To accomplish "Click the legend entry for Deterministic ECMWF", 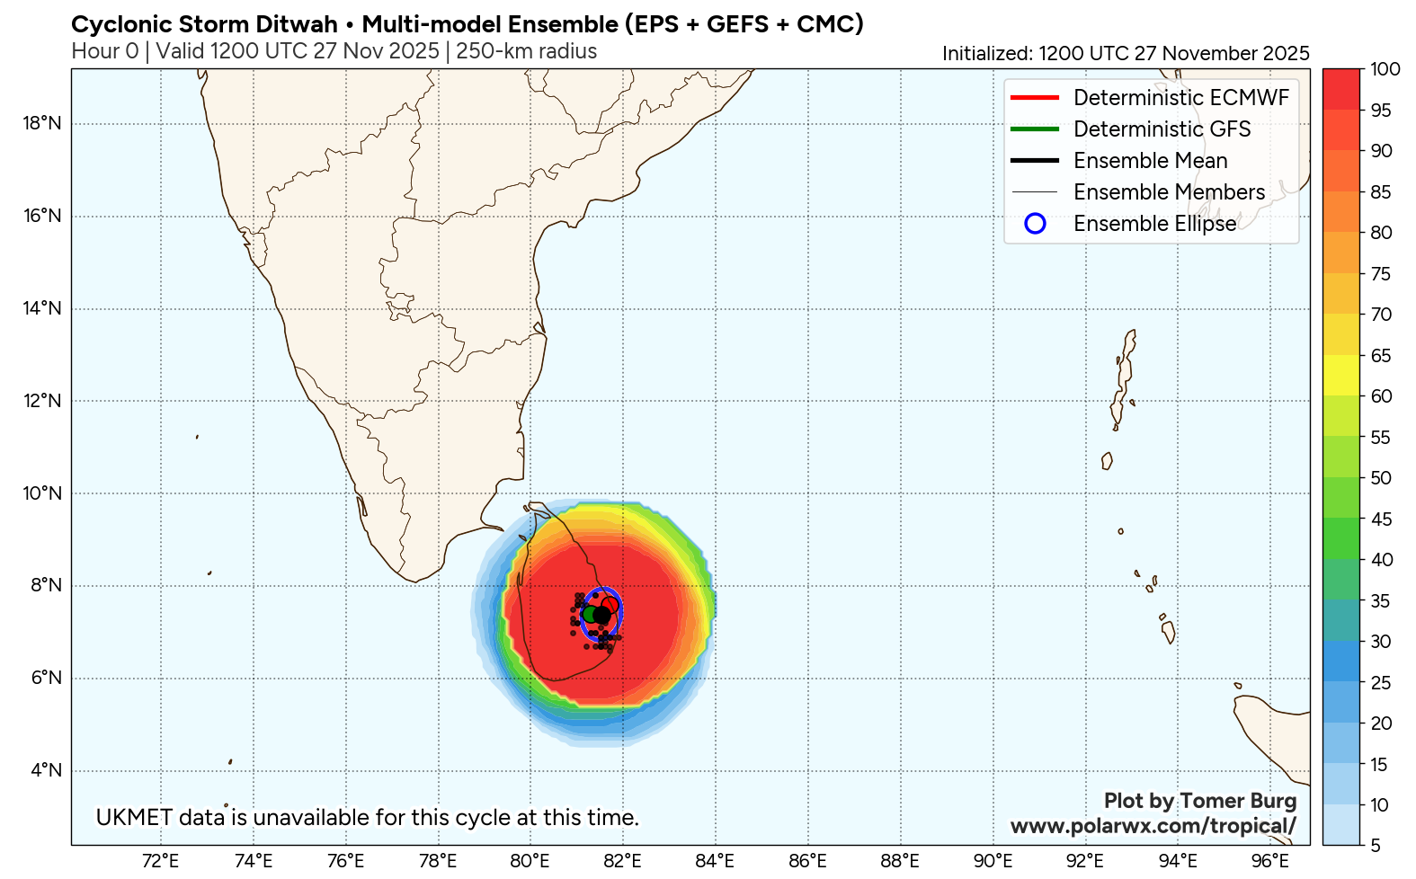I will pyautogui.click(x=1180, y=98).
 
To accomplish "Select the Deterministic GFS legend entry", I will pyautogui.click(x=1162, y=129).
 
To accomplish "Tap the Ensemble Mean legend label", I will pyautogui.click(x=1150, y=161).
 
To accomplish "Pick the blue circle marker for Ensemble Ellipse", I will pyautogui.click(x=1035, y=224).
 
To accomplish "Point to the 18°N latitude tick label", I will pyautogui.click(x=42, y=123).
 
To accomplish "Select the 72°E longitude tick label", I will pyautogui.click(x=160, y=861).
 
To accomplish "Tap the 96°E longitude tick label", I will pyautogui.click(x=1269, y=861).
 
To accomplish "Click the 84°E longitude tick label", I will pyautogui.click(x=715, y=861).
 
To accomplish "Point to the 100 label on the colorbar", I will pyautogui.click(x=1385, y=69).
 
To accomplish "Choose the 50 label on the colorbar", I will pyautogui.click(x=1381, y=478).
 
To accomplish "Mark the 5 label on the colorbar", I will pyautogui.click(x=1375, y=846).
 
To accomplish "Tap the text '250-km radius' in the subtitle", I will pyautogui.click(x=526, y=51).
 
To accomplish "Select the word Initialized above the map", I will pyautogui.click(x=986, y=54).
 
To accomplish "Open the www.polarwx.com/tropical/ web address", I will pyautogui.click(x=1153, y=826).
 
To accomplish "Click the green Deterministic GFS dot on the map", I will pyautogui.click(x=590, y=614).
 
